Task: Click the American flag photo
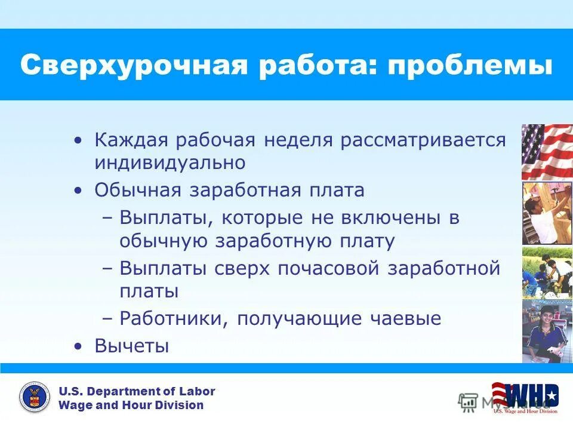click(547, 152)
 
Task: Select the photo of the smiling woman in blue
click(547, 331)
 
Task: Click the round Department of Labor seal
click(35, 398)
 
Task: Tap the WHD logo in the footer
click(525, 395)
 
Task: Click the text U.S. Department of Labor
click(137, 391)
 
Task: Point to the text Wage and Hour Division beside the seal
click(131, 406)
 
